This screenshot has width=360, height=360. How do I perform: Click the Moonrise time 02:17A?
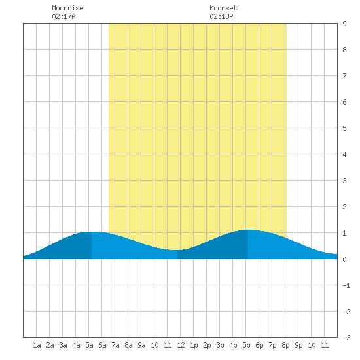pos(63,16)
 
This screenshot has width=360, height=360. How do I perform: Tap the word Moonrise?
pos(67,8)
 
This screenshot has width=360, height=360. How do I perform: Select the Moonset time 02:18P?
pos(221,16)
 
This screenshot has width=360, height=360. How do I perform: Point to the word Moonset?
pos(223,8)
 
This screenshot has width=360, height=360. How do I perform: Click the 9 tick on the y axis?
pos(344,24)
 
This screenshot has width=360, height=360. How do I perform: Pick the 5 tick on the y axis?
pos(344,128)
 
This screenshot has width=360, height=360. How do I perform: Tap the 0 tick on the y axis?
pos(344,259)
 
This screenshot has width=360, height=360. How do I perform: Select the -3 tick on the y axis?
pos(346,338)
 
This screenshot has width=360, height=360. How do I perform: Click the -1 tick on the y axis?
pos(346,285)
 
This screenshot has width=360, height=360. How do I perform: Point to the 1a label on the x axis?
pos(37,345)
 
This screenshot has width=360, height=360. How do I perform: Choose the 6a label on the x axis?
pos(102,345)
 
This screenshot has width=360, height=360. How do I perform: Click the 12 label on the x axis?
pos(181,345)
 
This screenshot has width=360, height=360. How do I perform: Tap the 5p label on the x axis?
pos(246,345)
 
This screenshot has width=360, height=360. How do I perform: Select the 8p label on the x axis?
pos(285,345)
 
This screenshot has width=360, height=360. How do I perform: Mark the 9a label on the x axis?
pos(141,345)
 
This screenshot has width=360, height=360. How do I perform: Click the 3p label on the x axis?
pos(220,345)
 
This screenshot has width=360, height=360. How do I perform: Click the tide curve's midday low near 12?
pos(175,250)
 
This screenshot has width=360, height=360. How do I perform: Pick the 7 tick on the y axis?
pos(344,76)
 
